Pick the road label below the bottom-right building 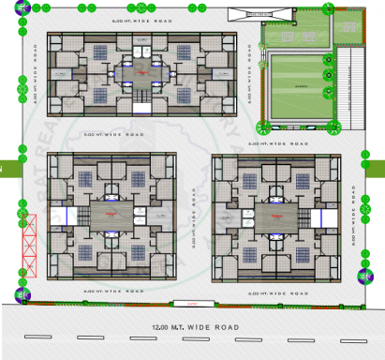(x=268, y=292)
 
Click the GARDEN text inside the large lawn (x=300, y=86)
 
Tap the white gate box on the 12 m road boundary (x=193, y=304)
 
